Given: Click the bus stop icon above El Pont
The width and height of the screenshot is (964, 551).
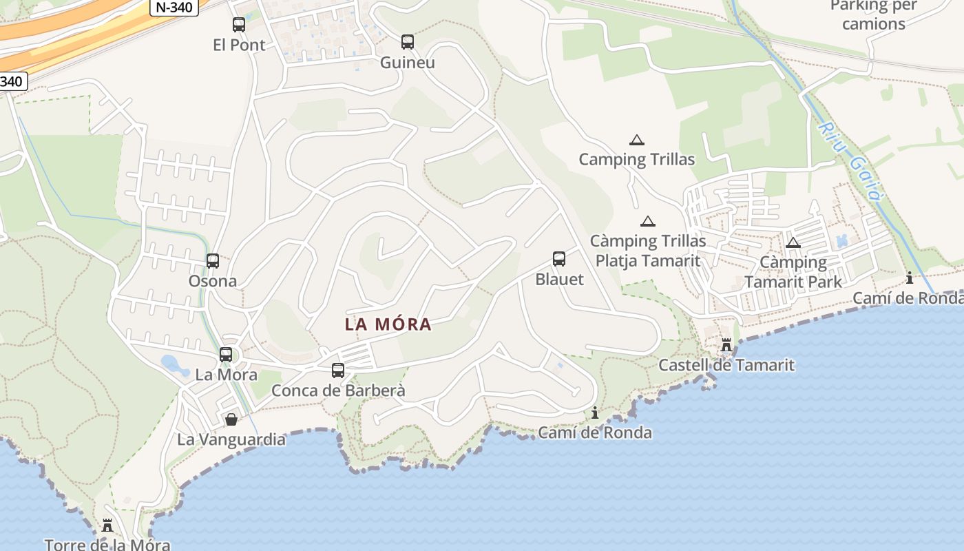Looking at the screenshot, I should tap(239, 25).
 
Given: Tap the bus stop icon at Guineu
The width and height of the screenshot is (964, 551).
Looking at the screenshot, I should tap(408, 42).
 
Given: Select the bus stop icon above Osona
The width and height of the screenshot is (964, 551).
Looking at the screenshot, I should tap(213, 261).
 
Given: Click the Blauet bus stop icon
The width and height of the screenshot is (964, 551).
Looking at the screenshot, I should tap(559, 259).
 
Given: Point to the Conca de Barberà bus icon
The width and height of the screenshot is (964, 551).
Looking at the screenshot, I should tap(338, 371).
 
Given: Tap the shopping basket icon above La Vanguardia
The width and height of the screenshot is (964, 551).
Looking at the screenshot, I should tap(231, 419).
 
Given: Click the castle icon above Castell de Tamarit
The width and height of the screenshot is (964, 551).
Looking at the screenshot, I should tap(726, 345).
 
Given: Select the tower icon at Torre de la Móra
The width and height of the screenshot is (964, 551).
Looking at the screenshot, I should tap(107, 526).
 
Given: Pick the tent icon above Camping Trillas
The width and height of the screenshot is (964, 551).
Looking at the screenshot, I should tap(637, 140).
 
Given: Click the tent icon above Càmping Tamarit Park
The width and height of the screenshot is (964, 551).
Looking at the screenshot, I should tap(793, 242).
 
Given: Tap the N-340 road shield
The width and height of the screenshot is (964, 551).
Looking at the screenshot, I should tap(174, 7).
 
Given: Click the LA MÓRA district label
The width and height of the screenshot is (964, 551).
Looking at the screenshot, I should tap(388, 324).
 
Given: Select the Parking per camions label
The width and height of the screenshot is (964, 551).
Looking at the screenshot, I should tap(873, 15).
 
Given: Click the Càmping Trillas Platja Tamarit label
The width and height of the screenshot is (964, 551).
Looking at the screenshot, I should tap(648, 251).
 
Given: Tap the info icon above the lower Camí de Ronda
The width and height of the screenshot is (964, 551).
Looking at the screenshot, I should tap(595, 413).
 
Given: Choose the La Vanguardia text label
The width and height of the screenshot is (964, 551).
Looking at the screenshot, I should tap(231, 439).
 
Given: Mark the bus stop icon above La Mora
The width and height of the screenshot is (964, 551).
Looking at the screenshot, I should tap(226, 355).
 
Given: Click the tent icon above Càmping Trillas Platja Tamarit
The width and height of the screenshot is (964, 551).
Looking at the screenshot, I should tap(647, 221).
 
